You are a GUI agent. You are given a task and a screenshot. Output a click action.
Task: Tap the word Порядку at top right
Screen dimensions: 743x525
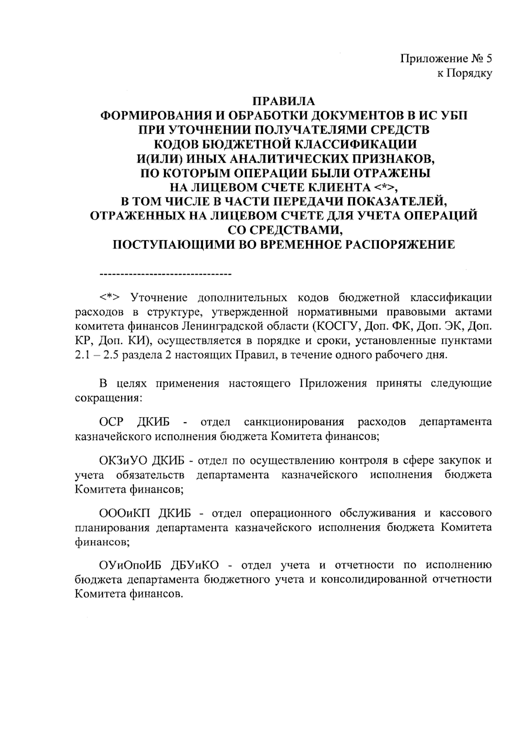coord(470,73)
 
